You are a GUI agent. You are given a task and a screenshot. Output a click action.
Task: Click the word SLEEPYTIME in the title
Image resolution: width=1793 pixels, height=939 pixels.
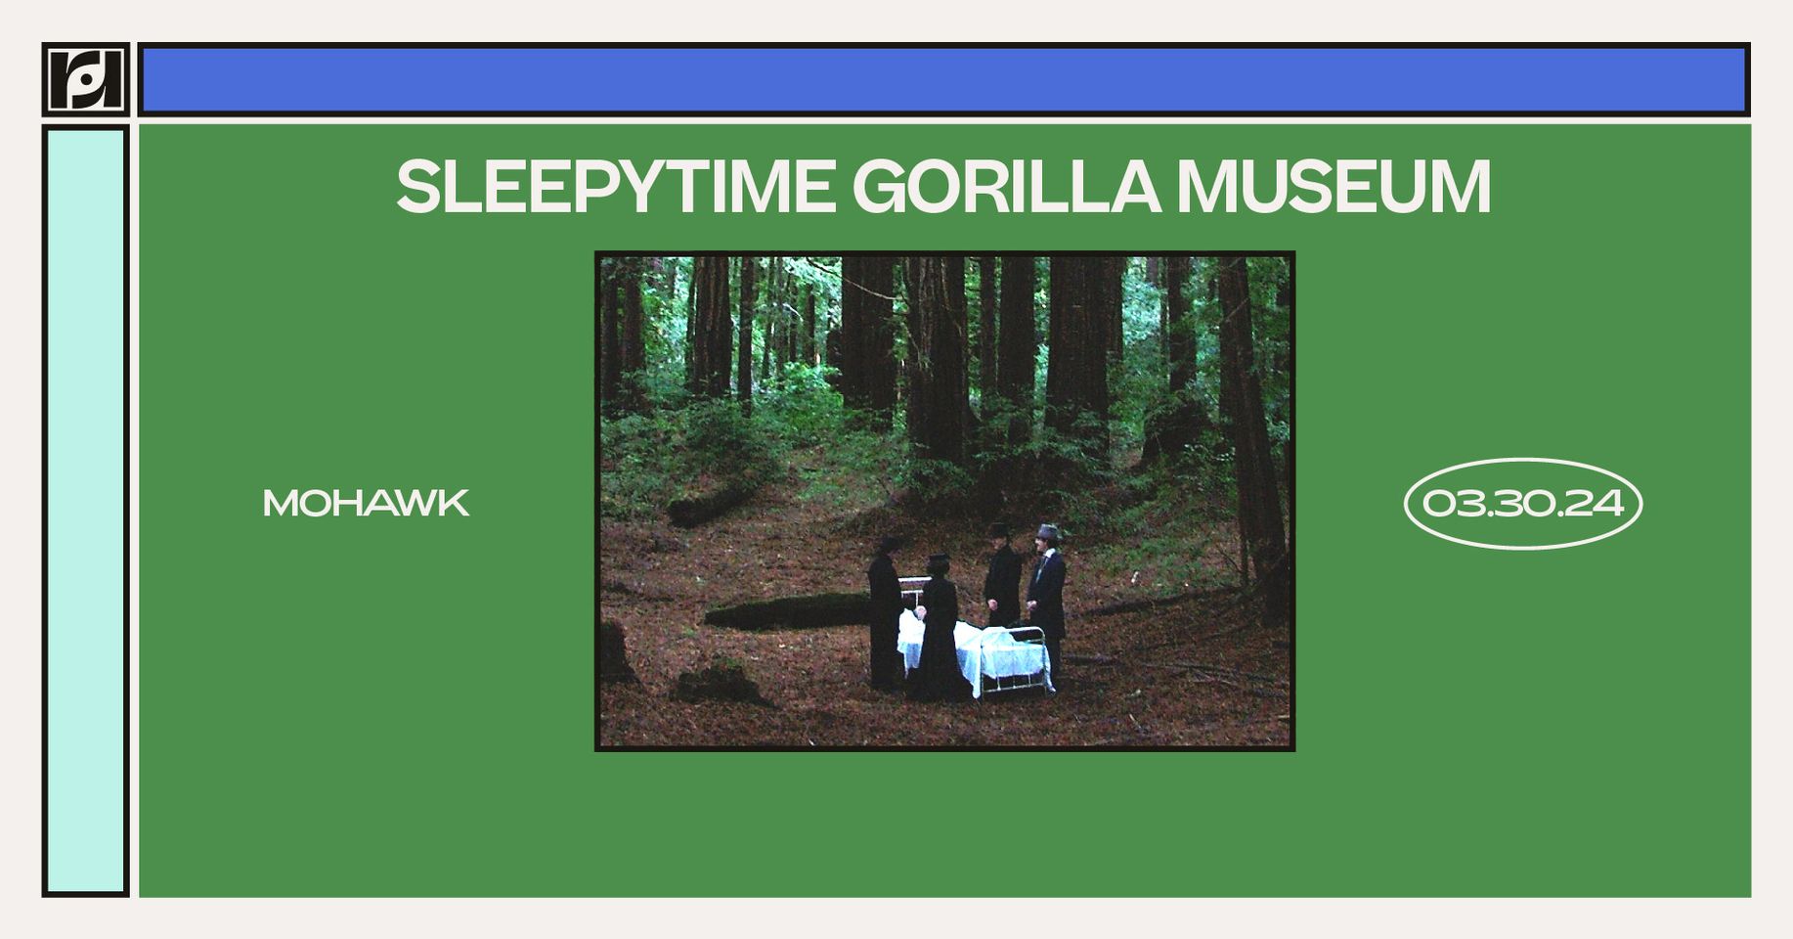pos(615,186)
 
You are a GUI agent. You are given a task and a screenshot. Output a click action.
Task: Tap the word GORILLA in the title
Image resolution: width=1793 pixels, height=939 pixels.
pos(1005,186)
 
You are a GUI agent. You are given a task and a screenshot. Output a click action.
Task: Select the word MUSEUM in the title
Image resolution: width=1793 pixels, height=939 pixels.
pos(1334,186)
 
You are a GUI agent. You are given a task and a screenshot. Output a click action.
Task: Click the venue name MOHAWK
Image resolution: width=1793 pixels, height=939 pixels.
pos(366,504)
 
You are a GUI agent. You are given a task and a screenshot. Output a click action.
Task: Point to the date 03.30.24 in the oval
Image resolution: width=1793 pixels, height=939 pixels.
pos(1522,504)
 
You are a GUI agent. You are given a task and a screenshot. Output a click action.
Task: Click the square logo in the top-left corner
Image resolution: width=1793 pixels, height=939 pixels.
pos(86,80)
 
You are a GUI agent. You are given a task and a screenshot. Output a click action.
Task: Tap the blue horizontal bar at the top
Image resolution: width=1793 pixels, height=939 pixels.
pos(943,80)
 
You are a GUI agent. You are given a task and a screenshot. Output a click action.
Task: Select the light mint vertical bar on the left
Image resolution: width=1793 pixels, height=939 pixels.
pos(86,511)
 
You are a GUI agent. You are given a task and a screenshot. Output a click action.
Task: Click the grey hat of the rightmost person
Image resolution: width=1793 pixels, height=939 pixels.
pos(1047,532)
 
